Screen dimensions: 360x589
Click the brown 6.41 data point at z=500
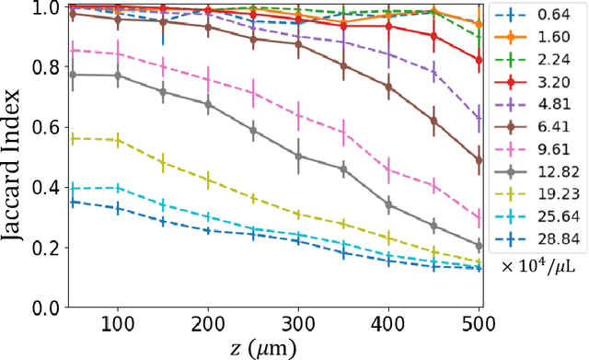tap(479, 160)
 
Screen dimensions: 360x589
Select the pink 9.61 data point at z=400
tap(387, 169)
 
